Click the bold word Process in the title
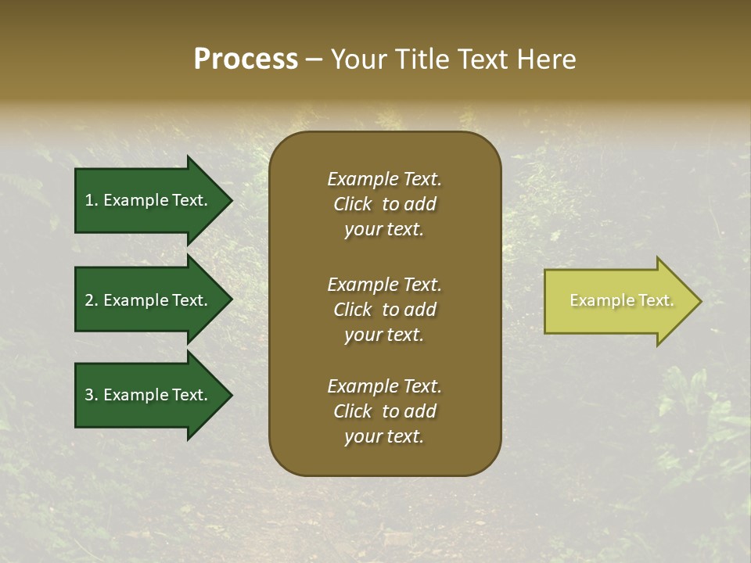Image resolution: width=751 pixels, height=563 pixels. [246, 59]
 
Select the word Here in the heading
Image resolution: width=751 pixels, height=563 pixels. [547, 59]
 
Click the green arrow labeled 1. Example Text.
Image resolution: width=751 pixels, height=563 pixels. [146, 200]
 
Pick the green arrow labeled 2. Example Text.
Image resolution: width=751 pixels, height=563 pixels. [146, 300]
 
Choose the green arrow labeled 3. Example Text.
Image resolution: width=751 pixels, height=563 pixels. [146, 395]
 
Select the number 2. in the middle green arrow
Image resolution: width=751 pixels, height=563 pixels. [92, 300]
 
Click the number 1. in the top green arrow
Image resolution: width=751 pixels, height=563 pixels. [91, 200]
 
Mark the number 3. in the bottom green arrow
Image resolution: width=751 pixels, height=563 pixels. [92, 395]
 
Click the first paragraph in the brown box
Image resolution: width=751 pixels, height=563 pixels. [384, 204]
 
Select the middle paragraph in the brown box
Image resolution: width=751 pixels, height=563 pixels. [384, 310]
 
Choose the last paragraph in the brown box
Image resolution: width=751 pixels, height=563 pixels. [384, 411]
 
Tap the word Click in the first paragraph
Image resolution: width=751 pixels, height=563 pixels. [353, 204]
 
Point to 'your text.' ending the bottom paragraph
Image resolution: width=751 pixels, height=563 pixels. [384, 437]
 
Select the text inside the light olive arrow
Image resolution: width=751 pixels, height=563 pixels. [621, 300]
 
